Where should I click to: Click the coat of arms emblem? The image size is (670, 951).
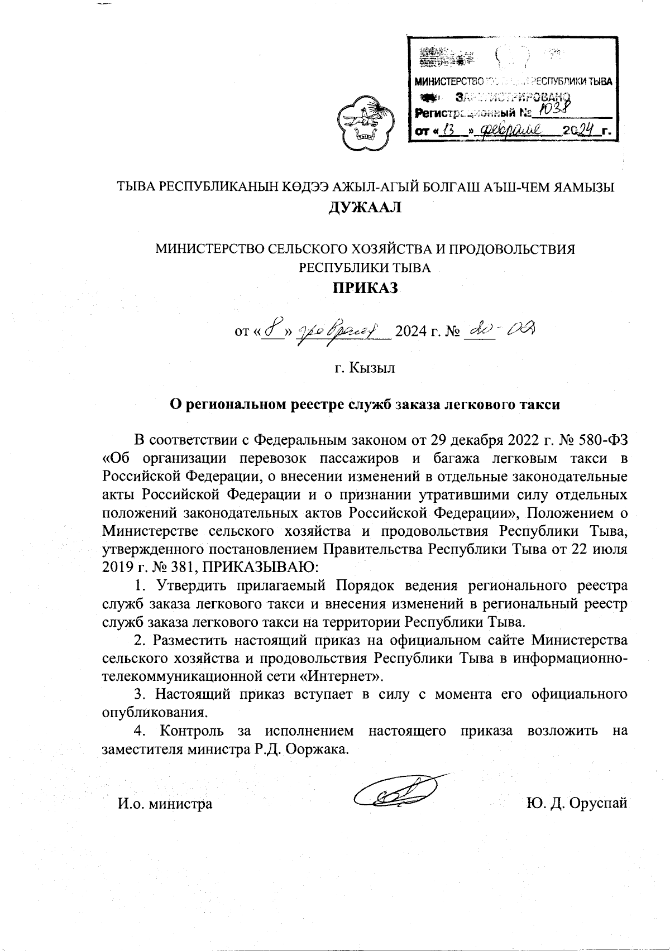point(363,124)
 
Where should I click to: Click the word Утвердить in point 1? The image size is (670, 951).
point(189,586)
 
